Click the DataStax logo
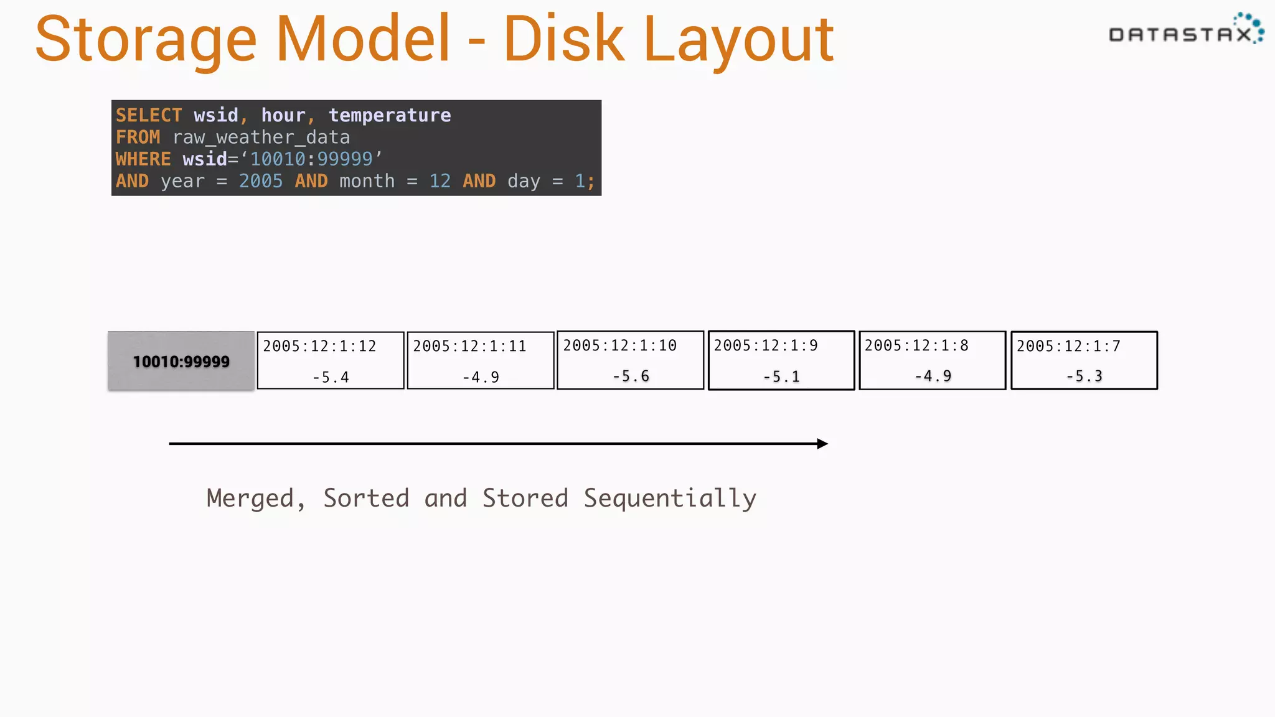tap(1185, 31)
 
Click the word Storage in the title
tap(146, 40)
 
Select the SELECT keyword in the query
tap(149, 115)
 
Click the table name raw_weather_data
tap(261, 138)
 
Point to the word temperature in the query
tap(390, 115)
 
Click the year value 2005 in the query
tap(260, 181)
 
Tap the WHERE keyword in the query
tap(143, 159)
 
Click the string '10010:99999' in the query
tap(311, 159)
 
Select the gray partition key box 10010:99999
tap(181, 361)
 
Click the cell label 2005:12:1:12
tap(319, 346)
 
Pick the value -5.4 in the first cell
tap(331, 377)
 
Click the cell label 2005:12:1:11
tap(469, 346)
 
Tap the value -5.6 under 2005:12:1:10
tap(631, 376)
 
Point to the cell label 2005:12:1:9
tap(766, 345)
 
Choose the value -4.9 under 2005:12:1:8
tap(933, 376)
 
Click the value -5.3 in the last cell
tap(1084, 376)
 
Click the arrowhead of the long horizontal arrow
tap(822, 444)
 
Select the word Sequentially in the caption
tap(670, 499)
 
